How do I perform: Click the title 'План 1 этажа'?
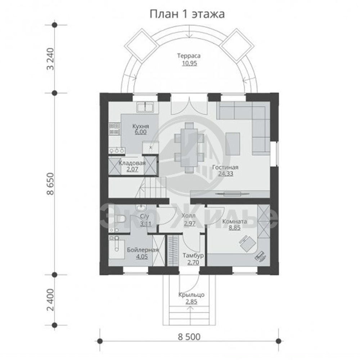[x=187, y=14]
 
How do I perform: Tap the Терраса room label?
[x=189, y=56]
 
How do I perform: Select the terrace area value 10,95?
[x=189, y=63]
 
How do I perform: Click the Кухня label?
[x=140, y=126]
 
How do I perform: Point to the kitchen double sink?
[x=145, y=107]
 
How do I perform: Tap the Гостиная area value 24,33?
[x=225, y=174]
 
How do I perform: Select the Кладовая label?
[x=132, y=163]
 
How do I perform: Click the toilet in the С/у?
[x=120, y=219]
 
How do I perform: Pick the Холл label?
[x=189, y=216]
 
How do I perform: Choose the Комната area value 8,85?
[x=234, y=228]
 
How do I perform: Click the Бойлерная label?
[x=143, y=250]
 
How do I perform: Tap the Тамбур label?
[x=193, y=255]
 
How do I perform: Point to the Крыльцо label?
[x=191, y=295]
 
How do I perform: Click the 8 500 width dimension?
[x=189, y=337]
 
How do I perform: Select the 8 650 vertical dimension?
[x=50, y=184]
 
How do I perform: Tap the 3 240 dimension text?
[x=50, y=59]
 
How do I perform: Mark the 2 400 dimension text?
[x=50, y=300]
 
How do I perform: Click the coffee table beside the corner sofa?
[x=233, y=144]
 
